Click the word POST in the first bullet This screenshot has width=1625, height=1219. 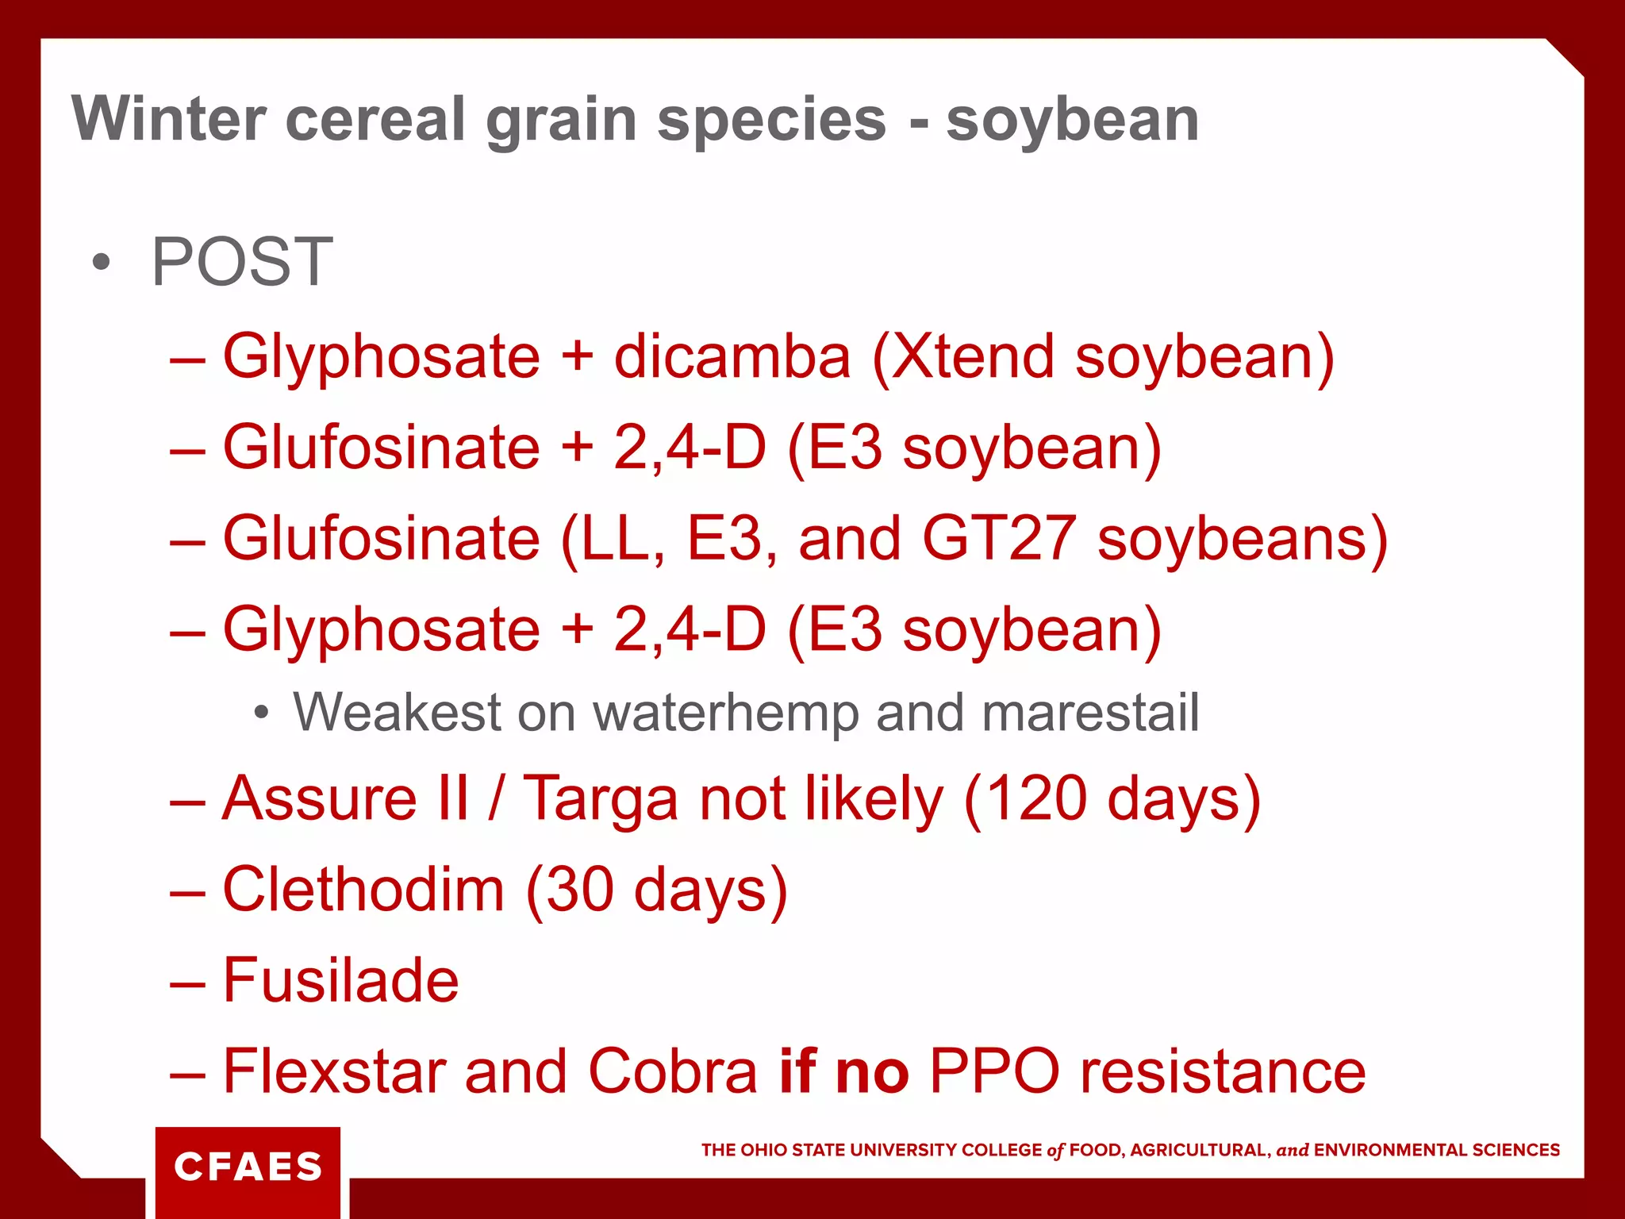tap(242, 263)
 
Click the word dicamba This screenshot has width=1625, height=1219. tap(732, 356)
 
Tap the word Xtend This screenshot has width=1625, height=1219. tap(973, 356)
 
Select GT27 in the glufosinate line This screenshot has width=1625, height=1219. tap(1000, 539)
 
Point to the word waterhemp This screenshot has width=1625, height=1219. tap(726, 712)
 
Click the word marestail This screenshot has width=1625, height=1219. tap(1090, 712)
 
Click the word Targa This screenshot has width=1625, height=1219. tap(601, 800)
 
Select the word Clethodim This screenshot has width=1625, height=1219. tap(363, 890)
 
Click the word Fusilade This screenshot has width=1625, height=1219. tap(341, 981)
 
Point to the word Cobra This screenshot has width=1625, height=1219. tap(673, 1071)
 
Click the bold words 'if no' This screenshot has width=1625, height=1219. tap(843, 1071)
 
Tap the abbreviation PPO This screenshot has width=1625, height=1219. tap(994, 1071)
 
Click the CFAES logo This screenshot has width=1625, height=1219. tap(248, 1167)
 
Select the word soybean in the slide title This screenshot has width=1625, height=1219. tap(1072, 121)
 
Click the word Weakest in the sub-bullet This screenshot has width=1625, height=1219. tap(398, 712)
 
